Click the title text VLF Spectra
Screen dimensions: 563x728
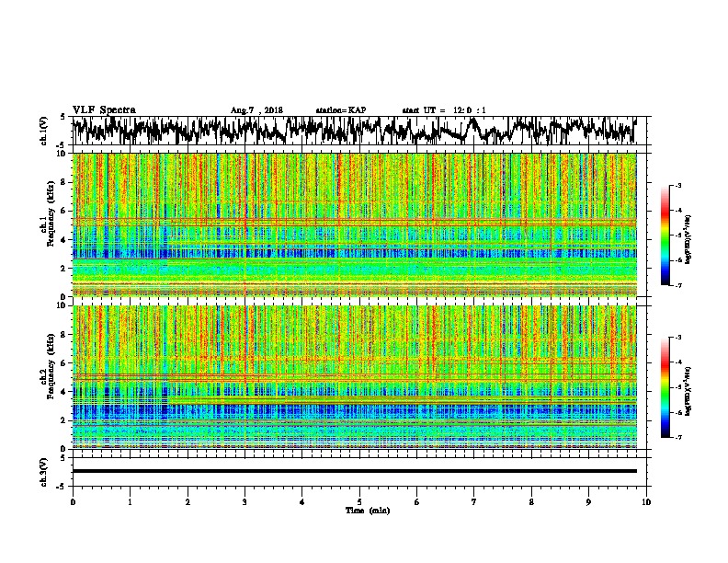(x=104, y=110)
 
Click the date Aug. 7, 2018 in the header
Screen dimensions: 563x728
(x=256, y=110)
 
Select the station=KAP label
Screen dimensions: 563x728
(x=340, y=110)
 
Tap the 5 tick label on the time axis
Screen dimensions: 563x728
(x=359, y=501)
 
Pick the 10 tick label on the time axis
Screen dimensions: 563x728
(x=646, y=501)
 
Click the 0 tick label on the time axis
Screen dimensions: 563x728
(x=73, y=501)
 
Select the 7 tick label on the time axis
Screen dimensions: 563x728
(x=474, y=501)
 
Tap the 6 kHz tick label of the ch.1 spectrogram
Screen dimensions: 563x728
(x=62, y=211)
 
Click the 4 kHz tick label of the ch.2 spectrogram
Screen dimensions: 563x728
(x=62, y=391)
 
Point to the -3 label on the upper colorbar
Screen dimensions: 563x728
(x=677, y=187)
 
